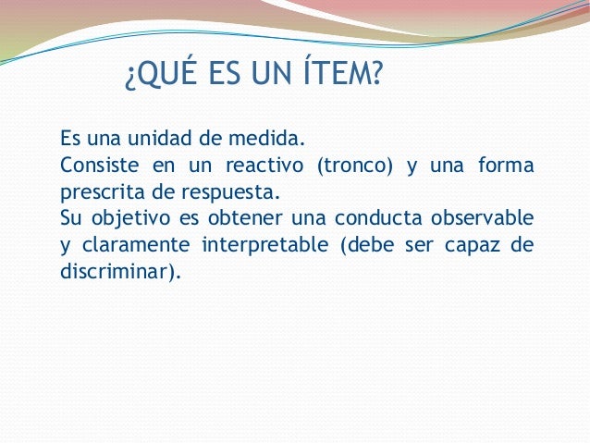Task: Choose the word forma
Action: [x=506, y=167]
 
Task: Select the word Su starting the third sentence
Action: [x=70, y=219]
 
